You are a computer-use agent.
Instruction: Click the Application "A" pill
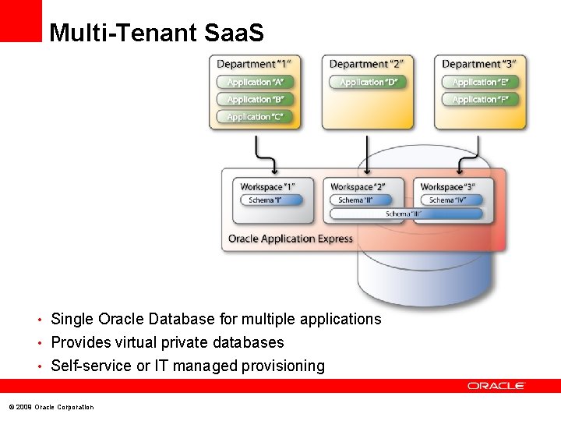[x=255, y=82]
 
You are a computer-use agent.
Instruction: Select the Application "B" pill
[x=255, y=100]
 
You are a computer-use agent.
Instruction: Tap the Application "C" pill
[x=255, y=117]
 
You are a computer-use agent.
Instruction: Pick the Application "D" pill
[x=369, y=82]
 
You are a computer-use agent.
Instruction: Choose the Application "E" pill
[x=480, y=82]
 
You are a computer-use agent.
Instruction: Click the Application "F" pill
[x=480, y=100]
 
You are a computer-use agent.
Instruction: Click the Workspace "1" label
[x=267, y=187]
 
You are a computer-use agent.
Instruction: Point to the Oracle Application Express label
[x=290, y=239]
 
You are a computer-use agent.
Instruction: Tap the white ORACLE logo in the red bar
[x=496, y=385]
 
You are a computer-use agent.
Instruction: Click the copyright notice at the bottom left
[x=51, y=407]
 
